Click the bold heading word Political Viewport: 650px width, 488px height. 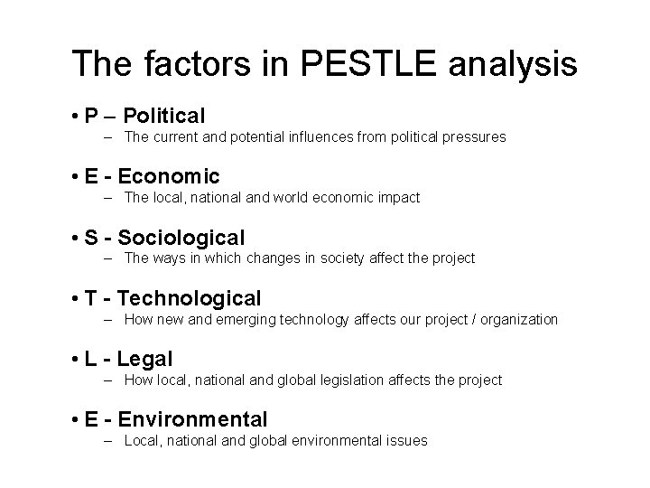click(164, 116)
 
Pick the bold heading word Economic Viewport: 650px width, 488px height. click(169, 175)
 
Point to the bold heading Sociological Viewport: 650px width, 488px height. click(181, 238)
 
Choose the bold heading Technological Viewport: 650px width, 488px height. click(190, 298)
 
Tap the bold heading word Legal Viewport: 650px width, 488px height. click(145, 359)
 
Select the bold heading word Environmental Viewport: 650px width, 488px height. click(193, 419)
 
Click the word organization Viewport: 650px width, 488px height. click(520, 319)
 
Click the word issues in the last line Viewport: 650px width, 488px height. click(408, 441)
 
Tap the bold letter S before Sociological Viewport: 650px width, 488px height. click(90, 238)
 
